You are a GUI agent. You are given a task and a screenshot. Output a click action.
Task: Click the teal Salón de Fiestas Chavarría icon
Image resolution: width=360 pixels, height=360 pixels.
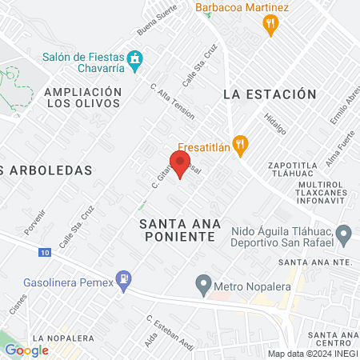[136, 58]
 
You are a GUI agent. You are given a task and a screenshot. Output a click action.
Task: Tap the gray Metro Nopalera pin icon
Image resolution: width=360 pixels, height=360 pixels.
[203, 284]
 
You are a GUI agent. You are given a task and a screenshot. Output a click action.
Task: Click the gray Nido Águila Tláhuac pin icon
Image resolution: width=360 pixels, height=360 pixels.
[345, 235]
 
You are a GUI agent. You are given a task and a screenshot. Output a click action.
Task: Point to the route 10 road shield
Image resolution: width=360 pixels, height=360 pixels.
[44, 252]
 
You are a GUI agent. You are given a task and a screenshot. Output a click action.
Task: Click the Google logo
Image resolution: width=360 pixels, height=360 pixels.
[26, 350]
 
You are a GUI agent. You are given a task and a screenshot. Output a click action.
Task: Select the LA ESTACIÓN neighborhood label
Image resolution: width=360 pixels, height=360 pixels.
[265, 94]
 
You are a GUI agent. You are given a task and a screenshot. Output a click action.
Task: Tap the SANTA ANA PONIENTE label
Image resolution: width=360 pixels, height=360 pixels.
[177, 230]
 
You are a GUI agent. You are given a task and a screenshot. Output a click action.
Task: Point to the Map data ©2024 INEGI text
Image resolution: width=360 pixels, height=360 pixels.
[313, 353]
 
